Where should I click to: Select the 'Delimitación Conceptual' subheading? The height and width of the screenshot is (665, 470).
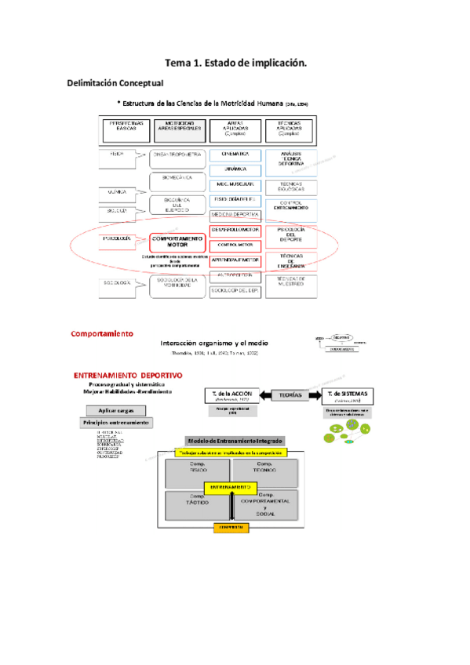tap(115, 83)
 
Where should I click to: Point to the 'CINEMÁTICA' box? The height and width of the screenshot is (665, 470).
tap(235, 154)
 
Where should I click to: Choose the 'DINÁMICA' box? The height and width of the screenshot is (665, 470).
tap(235, 169)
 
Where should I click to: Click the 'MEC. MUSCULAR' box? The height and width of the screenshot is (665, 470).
tap(235, 184)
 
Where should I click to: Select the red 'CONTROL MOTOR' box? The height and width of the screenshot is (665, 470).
tap(235, 245)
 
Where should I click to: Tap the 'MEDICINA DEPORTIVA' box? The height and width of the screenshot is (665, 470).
tap(235, 214)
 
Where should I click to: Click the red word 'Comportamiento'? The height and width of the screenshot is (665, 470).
tap(102, 333)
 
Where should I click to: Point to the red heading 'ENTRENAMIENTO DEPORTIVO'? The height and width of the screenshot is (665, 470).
tap(127, 375)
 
